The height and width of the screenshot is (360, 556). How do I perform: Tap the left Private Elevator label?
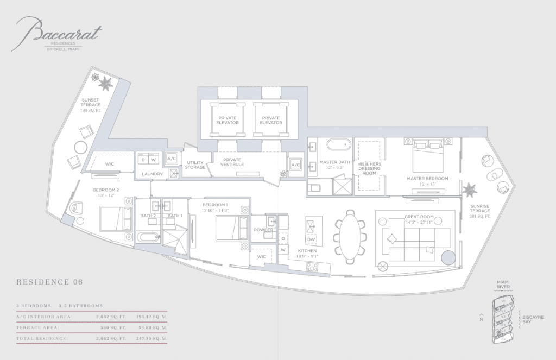228,120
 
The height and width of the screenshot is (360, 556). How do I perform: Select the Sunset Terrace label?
91,105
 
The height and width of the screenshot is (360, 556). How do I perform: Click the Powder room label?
263,230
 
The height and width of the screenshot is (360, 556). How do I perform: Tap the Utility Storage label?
195,165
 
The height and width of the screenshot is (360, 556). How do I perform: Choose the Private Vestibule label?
231,162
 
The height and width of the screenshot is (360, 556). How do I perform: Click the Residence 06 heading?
50,282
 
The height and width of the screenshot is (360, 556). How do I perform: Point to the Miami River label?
503,285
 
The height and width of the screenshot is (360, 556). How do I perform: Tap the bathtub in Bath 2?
147,237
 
